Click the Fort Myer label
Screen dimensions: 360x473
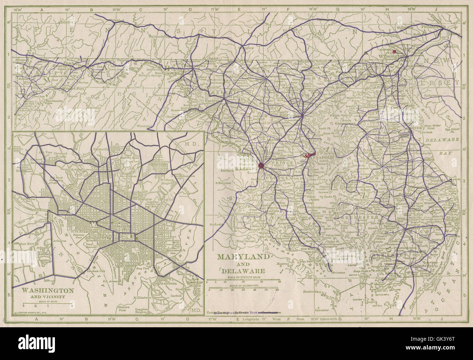[x=29, y=244]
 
